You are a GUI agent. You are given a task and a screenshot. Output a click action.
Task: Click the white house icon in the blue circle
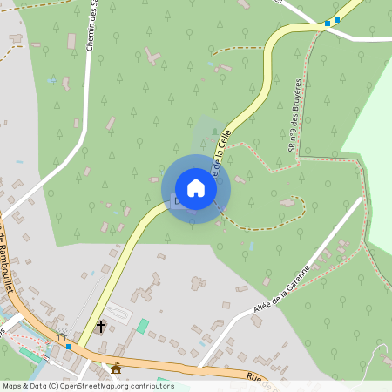pyautogui.click(x=196, y=188)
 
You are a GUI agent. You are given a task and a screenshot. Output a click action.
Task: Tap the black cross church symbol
pyautogui.click(x=101, y=327)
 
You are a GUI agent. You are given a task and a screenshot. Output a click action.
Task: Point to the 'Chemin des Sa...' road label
pyautogui.click(x=91, y=26)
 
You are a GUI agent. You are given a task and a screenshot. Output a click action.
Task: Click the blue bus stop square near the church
pyautogui.click(x=69, y=347)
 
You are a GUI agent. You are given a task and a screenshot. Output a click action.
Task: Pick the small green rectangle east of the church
pyautogui.click(x=142, y=325)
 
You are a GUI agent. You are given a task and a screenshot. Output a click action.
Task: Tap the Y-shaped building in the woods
pyautogui.click(x=154, y=58)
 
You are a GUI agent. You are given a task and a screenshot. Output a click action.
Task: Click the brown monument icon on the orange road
pyautogui.click(x=115, y=367)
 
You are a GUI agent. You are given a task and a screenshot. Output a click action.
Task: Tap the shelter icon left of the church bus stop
pyautogui.click(x=61, y=336)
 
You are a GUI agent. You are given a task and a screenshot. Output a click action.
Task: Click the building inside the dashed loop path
pyautogui.click(x=287, y=202)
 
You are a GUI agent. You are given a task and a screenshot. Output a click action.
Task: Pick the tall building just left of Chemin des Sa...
pyautogui.click(x=71, y=41)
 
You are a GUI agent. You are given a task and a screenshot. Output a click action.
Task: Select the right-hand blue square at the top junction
pyautogui.click(x=337, y=19)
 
